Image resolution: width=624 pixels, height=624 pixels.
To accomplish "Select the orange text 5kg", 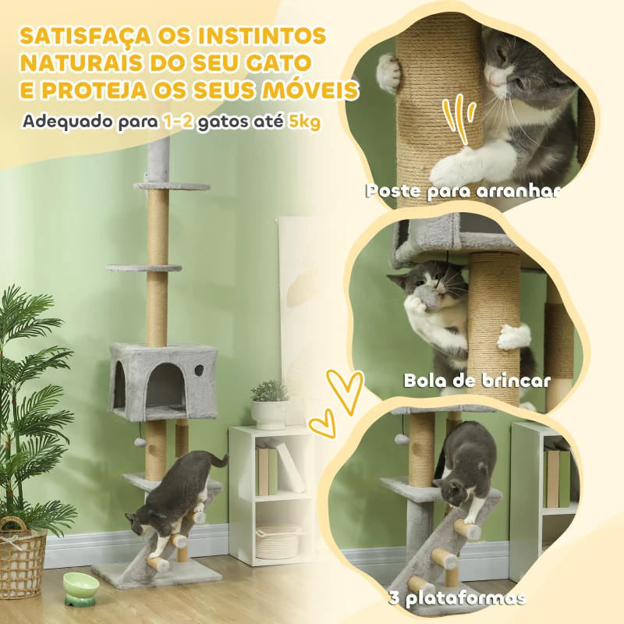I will point(304,122).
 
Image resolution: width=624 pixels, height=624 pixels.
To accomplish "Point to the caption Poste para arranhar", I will point(463,191).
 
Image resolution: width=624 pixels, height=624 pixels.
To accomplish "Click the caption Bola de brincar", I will point(477,381).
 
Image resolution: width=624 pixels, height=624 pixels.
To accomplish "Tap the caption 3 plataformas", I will point(456,598).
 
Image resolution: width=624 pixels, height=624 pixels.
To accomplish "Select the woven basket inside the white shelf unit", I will point(278,541).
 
